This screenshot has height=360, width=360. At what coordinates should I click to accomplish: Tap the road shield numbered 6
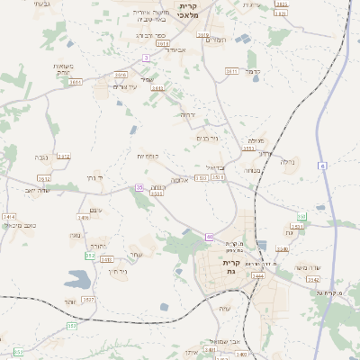321,166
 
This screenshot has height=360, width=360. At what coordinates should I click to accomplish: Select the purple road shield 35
139,187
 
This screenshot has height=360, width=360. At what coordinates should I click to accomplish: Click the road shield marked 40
209,236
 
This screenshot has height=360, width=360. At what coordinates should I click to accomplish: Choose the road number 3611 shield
232,72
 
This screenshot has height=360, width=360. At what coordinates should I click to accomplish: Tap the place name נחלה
288,162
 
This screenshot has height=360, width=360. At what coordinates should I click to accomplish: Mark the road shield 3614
76,82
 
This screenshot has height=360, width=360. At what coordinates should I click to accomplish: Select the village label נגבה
41,157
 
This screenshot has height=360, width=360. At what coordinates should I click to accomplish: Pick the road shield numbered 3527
87,299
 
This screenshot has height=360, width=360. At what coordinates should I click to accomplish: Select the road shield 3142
314,280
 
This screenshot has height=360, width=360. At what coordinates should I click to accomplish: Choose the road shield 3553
247,149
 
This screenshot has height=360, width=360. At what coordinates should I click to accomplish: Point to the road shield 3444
258,276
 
